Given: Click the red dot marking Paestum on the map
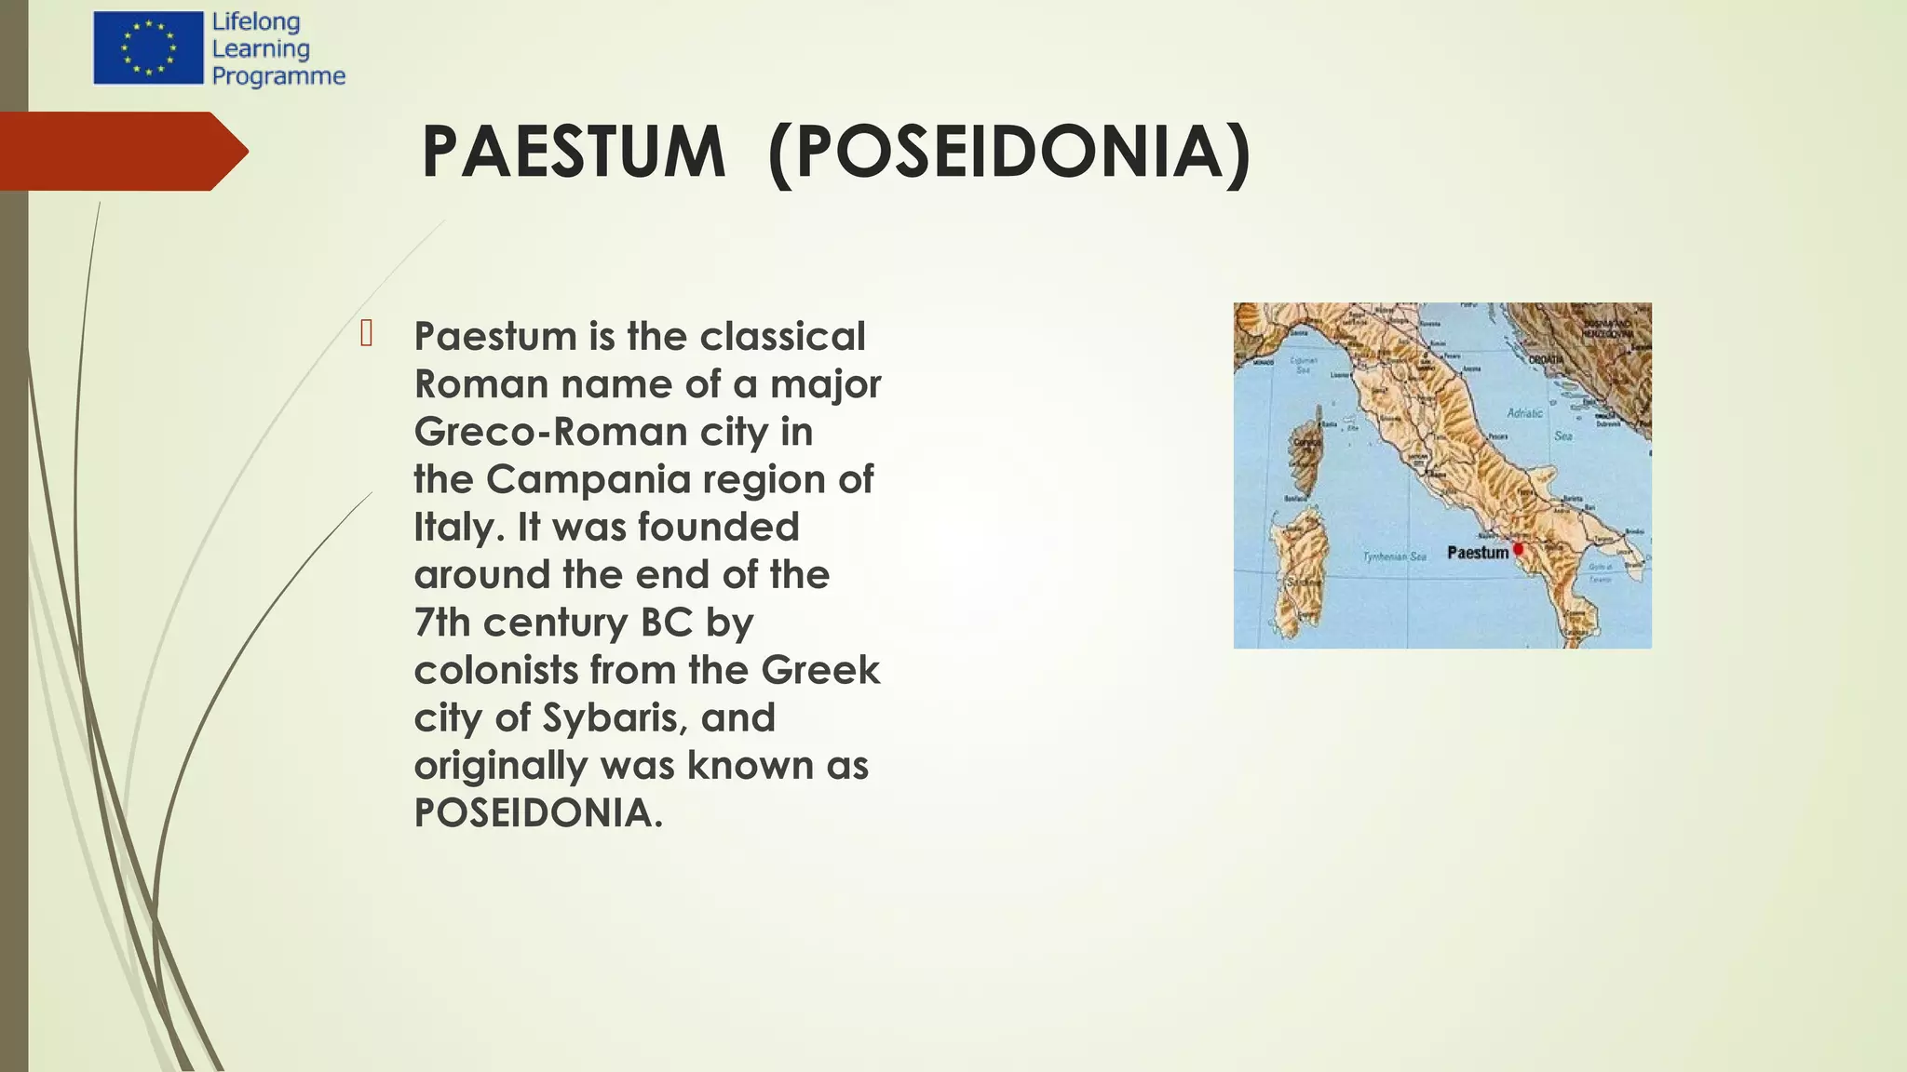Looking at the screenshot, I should [1519, 549].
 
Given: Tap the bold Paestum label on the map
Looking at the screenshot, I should [1477, 553].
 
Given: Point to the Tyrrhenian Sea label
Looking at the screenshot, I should [1394, 556].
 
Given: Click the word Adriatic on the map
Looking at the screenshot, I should [1524, 412].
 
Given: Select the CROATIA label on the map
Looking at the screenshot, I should [1546, 359].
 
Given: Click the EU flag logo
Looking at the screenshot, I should [148, 48].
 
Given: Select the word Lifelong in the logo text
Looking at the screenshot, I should [256, 21].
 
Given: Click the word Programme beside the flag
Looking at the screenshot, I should [278, 75].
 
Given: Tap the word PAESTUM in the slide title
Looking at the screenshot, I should [573, 152].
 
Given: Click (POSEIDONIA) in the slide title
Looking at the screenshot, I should [1010, 152].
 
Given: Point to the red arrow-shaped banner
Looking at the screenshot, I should [121, 151].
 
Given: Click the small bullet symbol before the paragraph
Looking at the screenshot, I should [366, 333].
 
